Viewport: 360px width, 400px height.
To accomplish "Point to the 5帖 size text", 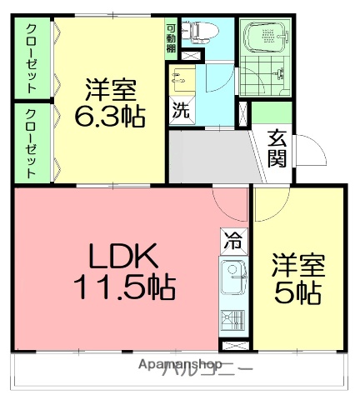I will [297, 294].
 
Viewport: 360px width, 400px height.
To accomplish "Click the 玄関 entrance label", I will [277, 148].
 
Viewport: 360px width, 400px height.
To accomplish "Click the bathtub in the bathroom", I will [264, 38].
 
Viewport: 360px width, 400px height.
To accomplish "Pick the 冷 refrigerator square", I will [232, 243].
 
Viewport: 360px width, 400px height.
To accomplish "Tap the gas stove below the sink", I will [232, 319].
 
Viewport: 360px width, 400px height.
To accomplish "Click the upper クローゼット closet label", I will [31, 58].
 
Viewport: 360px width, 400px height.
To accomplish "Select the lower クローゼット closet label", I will [31, 143].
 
